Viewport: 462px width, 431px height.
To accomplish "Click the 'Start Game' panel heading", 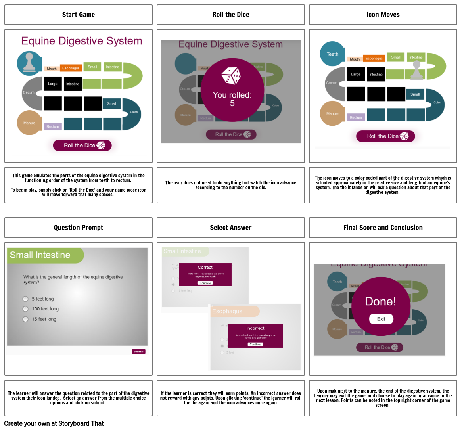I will (79, 15).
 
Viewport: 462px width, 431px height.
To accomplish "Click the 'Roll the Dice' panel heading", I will (230, 15).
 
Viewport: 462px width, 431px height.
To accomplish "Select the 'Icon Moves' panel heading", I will (383, 15).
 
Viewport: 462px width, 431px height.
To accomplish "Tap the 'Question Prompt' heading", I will (79, 228).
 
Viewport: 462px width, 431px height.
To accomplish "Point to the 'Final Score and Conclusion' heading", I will (383, 228).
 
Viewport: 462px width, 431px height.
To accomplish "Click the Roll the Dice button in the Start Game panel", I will (82, 146).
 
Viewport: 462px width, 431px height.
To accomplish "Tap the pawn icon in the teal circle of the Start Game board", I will (29, 63).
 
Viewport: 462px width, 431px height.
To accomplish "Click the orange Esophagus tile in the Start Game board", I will (71, 68).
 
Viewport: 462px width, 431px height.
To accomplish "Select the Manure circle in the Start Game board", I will (29, 123).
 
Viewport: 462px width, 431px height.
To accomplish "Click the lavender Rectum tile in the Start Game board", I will (53, 126).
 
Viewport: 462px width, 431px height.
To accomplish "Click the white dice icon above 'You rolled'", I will (231, 75).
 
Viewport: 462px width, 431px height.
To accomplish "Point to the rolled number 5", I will (232, 103).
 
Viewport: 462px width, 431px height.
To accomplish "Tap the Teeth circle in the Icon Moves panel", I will (332, 54).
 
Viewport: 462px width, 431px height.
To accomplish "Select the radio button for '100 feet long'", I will (25, 309).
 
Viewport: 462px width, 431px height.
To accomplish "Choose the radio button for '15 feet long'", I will (25, 319).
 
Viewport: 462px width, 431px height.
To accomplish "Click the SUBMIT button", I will (139, 352).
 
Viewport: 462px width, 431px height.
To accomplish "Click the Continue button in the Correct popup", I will (205, 283).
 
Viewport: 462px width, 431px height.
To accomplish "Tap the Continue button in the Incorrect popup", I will (255, 344).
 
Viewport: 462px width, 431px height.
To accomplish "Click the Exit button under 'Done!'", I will (381, 319).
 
